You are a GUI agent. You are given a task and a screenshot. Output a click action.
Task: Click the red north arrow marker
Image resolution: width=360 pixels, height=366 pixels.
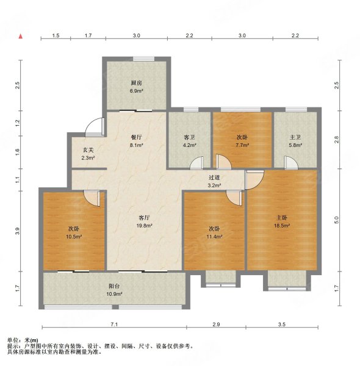[x=21, y=36]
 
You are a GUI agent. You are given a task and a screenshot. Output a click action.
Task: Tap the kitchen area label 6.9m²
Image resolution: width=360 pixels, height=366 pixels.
[x=136, y=91]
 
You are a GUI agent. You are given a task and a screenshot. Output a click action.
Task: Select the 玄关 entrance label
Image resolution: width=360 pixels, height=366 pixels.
[x=88, y=150]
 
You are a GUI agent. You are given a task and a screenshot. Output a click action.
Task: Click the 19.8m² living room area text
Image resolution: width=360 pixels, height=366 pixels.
[x=144, y=226]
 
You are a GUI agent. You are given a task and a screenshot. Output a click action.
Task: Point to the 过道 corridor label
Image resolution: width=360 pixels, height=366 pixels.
[x=214, y=178]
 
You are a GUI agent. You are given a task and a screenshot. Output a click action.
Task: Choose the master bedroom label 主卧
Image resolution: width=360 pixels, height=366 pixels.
[x=282, y=218]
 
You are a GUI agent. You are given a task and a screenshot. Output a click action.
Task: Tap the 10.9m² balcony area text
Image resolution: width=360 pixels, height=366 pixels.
[x=114, y=294]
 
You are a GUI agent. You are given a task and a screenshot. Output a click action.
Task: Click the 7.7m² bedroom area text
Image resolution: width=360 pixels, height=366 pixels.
[x=242, y=145]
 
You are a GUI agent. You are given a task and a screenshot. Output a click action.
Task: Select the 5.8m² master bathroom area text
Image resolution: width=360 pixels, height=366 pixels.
[x=295, y=145]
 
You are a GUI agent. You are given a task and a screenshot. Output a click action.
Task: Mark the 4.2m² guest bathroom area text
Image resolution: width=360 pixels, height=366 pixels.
[x=189, y=145]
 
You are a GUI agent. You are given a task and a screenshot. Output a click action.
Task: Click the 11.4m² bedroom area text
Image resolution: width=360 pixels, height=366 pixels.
[x=214, y=237]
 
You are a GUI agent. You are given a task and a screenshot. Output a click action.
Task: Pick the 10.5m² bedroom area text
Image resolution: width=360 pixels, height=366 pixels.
[x=74, y=237]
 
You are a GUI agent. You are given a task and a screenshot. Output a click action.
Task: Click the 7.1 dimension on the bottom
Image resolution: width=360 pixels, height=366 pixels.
[x=114, y=325]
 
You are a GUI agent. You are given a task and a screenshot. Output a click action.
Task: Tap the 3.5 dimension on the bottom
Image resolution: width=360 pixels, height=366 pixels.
[x=282, y=325]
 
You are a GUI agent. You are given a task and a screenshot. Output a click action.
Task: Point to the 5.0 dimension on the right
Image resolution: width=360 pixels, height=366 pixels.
[x=336, y=220]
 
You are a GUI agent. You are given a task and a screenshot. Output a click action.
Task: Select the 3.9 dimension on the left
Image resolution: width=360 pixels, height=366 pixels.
[x=18, y=231]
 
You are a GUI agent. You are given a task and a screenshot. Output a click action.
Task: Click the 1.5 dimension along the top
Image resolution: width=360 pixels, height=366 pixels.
[x=56, y=35]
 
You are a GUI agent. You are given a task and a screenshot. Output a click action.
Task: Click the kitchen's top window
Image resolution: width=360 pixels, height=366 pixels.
[x=143, y=59]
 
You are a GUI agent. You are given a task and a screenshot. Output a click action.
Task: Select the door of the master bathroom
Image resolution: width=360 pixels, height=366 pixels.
[x=291, y=162]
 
